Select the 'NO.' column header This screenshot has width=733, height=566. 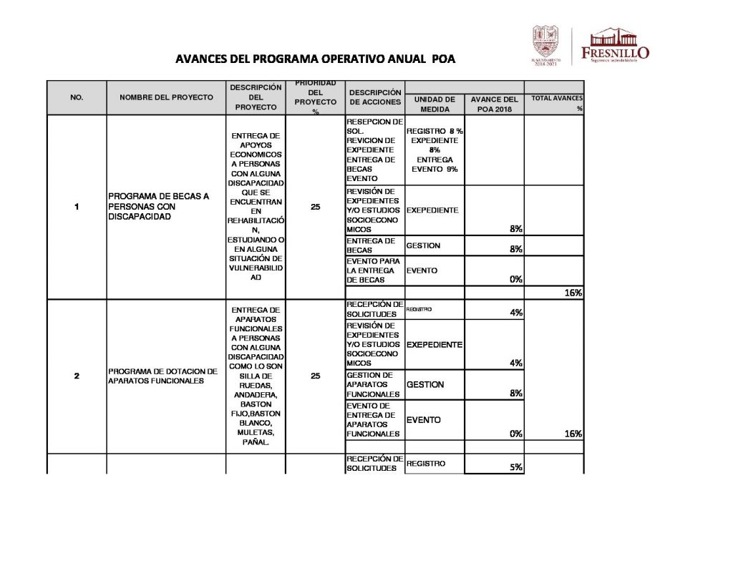pyautogui.click(x=77, y=97)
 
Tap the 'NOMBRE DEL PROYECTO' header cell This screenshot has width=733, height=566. pyautogui.click(x=166, y=97)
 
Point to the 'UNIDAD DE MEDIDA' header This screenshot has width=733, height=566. pyautogui.click(x=435, y=104)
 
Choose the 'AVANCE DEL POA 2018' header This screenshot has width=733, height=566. pyautogui.click(x=494, y=104)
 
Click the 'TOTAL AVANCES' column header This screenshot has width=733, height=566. pyautogui.click(x=556, y=98)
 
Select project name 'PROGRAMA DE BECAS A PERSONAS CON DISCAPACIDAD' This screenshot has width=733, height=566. pyautogui.click(x=158, y=207)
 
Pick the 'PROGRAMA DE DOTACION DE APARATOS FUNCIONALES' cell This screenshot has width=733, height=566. pyautogui.click(x=162, y=376)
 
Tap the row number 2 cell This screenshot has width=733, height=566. pyautogui.click(x=77, y=376)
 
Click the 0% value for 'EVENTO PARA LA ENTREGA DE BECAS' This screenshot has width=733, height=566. pyautogui.click(x=515, y=280)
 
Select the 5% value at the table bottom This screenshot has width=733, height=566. pyautogui.click(x=515, y=467)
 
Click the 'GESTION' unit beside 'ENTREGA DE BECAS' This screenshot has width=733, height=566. pyautogui.click(x=423, y=245)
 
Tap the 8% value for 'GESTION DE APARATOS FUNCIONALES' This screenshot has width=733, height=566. pyautogui.click(x=515, y=394)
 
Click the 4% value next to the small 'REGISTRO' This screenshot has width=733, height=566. pyautogui.click(x=515, y=313)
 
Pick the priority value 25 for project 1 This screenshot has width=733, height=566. pyautogui.click(x=316, y=207)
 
